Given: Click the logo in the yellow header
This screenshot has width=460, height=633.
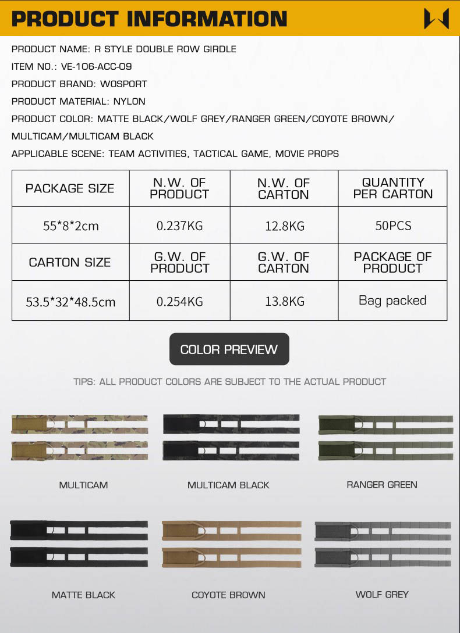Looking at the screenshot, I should click(x=436, y=19).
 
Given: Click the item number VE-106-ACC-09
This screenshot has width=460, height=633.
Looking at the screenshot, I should click(x=96, y=66).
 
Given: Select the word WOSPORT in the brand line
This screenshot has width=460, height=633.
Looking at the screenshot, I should click(x=123, y=84).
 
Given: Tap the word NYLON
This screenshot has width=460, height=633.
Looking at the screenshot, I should click(x=129, y=101).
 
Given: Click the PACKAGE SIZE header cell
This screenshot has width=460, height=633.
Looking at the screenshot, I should click(x=70, y=188).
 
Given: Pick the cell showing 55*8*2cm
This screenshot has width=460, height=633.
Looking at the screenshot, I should click(x=70, y=226).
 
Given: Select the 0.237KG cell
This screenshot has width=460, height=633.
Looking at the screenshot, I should click(x=179, y=226).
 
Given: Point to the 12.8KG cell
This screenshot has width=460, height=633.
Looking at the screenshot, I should click(x=284, y=226).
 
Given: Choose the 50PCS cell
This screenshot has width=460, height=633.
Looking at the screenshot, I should click(x=393, y=225).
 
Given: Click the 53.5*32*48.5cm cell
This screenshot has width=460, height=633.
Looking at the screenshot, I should click(x=70, y=302).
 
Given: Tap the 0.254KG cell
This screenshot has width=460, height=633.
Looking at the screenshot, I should click(x=179, y=301).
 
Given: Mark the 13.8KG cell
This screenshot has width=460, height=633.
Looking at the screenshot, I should click(x=284, y=301).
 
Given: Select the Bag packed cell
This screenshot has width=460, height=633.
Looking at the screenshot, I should click(x=392, y=301).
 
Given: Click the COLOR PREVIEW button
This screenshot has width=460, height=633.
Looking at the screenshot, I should click(x=229, y=349).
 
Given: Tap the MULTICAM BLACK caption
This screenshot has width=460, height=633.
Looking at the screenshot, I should click(x=228, y=485).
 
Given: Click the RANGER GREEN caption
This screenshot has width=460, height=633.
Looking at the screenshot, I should click(x=382, y=484).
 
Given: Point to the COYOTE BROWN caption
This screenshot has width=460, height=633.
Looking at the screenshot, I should click(x=228, y=595).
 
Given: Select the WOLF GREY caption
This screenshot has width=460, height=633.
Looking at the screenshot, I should click(x=382, y=594).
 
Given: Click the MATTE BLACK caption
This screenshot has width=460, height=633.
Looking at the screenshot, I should click(x=83, y=595).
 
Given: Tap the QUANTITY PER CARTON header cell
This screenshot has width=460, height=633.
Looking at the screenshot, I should click(x=393, y=188).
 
